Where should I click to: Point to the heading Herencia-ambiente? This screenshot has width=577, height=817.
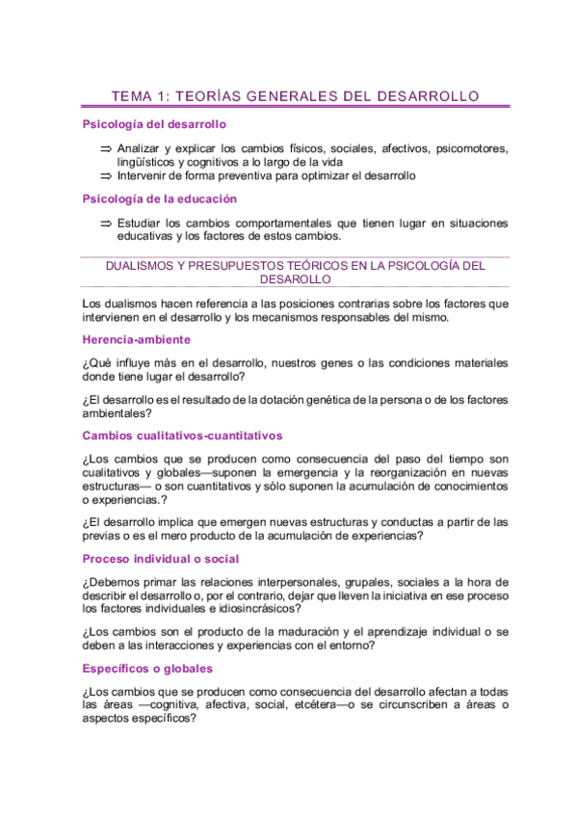coord(136,339)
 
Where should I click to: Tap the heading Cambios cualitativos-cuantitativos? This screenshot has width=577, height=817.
coord(182,435)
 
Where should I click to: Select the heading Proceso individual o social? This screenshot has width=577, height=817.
coord(161,559)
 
